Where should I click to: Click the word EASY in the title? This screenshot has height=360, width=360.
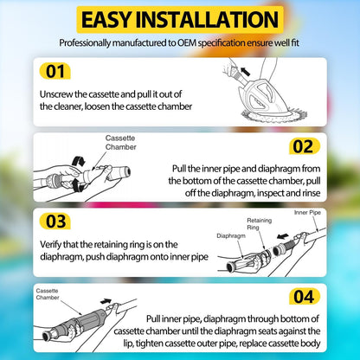point(106,20)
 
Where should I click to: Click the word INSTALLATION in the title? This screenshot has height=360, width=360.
point(207,20)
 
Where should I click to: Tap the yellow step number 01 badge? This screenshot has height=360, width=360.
point(55,71)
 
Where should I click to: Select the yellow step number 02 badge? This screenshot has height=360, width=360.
point(305,146)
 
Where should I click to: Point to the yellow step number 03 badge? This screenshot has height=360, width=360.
point(55,222)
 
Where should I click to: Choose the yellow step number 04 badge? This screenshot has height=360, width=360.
point(305,296)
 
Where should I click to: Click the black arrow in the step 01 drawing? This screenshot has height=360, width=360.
point(245,71)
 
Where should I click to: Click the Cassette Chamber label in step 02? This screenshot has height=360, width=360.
point(120,143)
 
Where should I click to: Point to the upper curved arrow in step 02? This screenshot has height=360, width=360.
point(78,161)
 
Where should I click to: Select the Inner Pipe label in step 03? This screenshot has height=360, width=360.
point(307,213)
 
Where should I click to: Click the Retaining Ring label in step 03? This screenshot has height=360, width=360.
point(259,224)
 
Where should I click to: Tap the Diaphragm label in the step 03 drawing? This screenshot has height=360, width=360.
point(231,235)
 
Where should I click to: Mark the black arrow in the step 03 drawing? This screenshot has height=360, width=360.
point(282,236)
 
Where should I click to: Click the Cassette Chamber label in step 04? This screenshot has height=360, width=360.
point(48,294)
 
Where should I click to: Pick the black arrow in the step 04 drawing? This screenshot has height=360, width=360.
point(106,301)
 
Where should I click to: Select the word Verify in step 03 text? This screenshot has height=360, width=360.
point(50,245)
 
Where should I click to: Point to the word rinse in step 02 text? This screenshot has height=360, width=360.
point(310,193)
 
